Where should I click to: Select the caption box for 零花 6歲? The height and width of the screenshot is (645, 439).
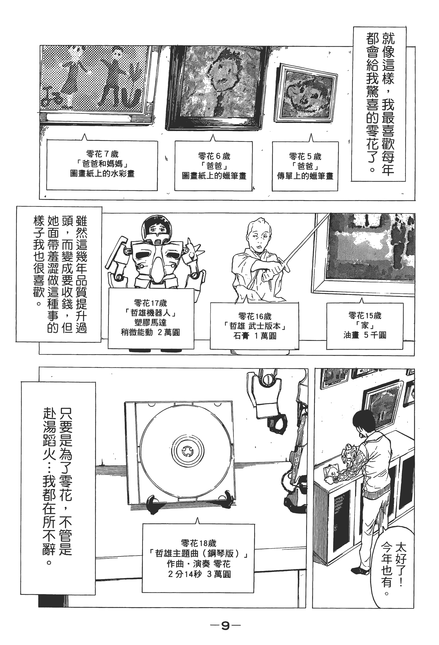[213, 166]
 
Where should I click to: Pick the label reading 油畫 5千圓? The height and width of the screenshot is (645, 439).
[365, 335]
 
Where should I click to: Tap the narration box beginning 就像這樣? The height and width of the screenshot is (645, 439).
[379, 104]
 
